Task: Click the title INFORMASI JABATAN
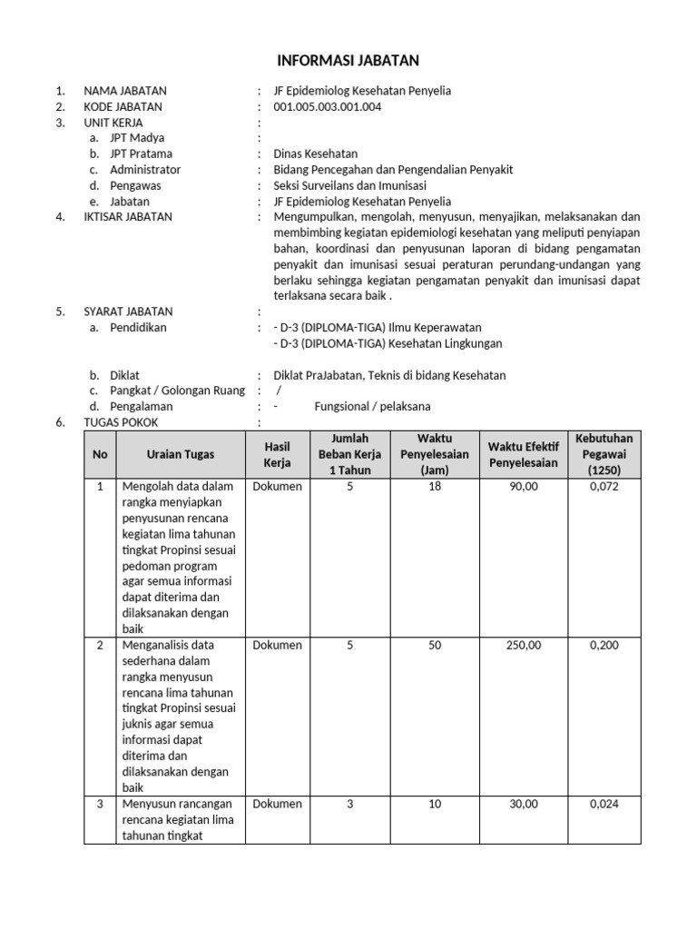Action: pyautogui.click(x=348, y=61)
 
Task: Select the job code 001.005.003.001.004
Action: pyautogui.click(x=327, y=106)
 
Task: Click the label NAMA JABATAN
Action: pyautogui.click(x=125, y=91)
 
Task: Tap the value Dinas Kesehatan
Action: pyautogui.click(x=315, y=153)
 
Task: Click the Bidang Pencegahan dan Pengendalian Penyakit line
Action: pyautogui.click(x=393, y=170)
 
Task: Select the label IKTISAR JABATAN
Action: pyautogui.click(x=128, y=217)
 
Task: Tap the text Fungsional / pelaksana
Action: pyautogui.click(x=372, y=406)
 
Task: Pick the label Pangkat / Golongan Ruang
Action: pyautogui.click(x=177, y=391)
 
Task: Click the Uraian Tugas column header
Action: pyautogui.click(x=181, y=454)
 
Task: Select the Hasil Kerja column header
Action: pyautogui.click(x=277, y=454)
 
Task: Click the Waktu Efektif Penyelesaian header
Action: pyautogui.click(x=523, y=454)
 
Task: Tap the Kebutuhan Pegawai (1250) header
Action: pyautogui.click(x=604, y=454)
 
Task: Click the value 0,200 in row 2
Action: pyautogui.click(x=604, y=646)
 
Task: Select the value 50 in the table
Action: pyautogui.click(x=435, y=646)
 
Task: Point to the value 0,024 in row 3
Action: pyautogui.click(x=604, y=805)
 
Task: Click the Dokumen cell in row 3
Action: pyautogui.click(x=277, y=805)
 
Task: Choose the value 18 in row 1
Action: pyautogui.click(x=435, y=487)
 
